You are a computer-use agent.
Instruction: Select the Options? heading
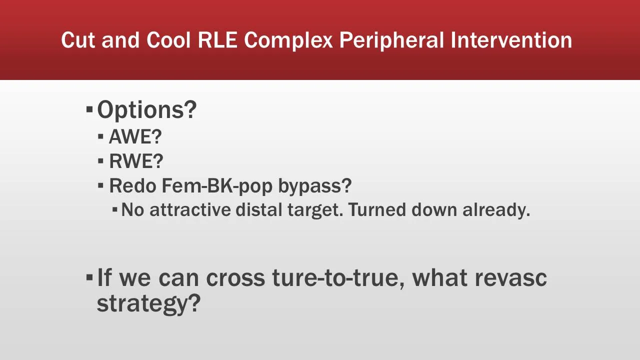[147, 109]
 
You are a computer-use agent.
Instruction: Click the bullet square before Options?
[89, 108]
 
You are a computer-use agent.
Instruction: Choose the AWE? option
[135, 137]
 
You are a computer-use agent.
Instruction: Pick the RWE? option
[136, 161]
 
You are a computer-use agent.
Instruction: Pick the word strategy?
[148, 303]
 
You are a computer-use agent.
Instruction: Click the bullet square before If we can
[89, 276]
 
